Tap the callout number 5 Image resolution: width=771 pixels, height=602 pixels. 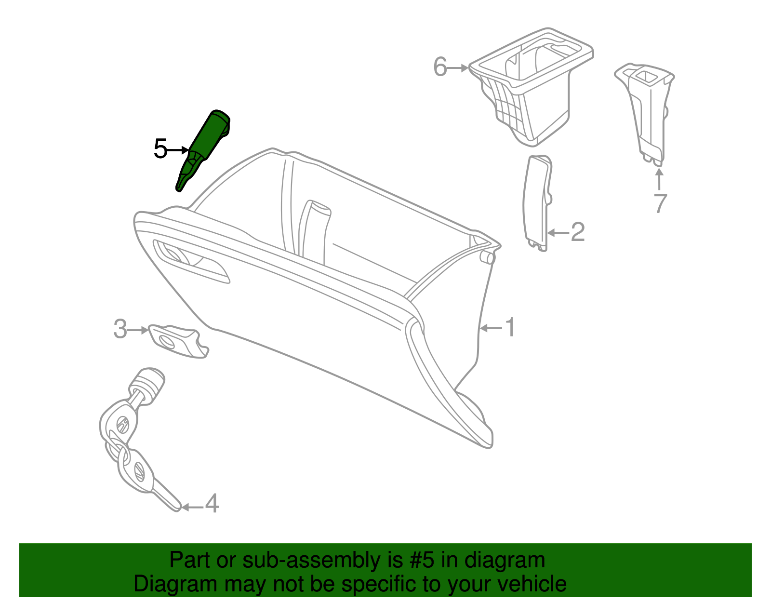160,149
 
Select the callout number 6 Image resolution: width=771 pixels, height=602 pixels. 440,67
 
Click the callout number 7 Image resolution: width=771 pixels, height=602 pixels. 660,203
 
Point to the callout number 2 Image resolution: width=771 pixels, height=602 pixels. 577,232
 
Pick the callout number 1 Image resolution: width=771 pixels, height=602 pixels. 510,328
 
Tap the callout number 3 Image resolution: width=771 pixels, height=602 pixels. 120,330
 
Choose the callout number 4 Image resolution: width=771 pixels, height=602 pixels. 212,504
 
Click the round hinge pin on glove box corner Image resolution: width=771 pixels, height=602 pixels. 488,257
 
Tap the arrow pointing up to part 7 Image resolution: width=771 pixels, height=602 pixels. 659,178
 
